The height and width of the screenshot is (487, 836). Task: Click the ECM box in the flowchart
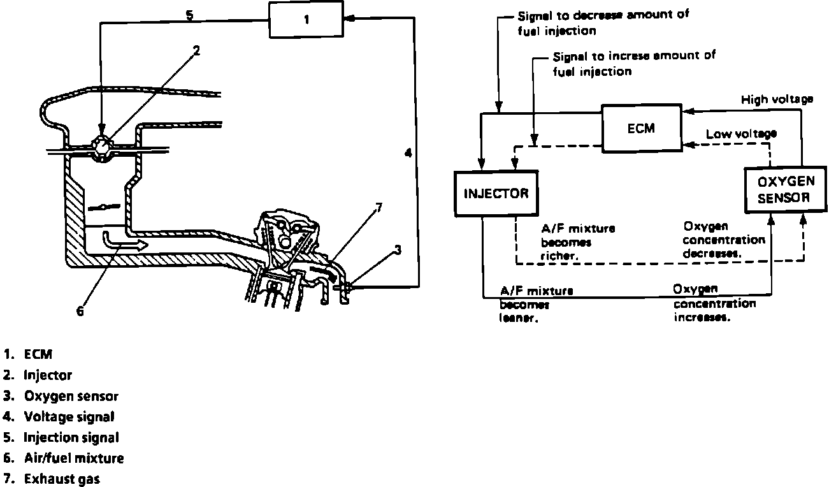641,128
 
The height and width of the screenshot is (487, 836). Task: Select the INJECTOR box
496,193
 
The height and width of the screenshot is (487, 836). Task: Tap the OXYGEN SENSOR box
786,190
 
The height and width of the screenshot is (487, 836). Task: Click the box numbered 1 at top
306,20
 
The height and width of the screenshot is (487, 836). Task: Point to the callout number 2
197,51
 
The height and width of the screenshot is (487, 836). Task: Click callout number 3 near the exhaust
398,250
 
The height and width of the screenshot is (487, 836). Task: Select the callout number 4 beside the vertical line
407,153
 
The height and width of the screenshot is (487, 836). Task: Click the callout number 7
378,207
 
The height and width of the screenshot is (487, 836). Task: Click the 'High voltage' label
777,99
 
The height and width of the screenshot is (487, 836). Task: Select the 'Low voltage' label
741,134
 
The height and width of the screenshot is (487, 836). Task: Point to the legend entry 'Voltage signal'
69,417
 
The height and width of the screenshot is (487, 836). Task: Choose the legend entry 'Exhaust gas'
62,479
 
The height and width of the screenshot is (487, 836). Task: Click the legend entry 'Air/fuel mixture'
73,458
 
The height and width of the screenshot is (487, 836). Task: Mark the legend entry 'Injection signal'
71,437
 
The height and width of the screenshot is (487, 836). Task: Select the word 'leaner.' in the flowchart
519,319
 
